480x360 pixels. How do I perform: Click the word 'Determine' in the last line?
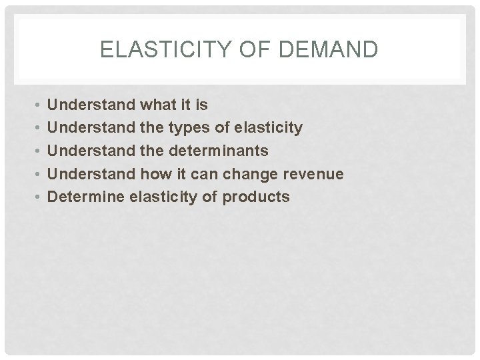pos(83,197)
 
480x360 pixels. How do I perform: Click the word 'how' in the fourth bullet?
pos(155,174)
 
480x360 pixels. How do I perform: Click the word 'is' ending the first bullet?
pos(201,105)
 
